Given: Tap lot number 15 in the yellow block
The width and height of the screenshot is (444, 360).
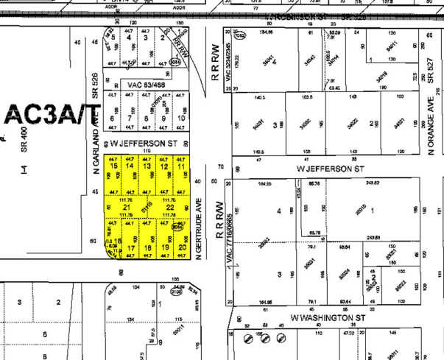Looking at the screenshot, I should point(113,166).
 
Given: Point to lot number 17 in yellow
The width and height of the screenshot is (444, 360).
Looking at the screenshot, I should point(131,248).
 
